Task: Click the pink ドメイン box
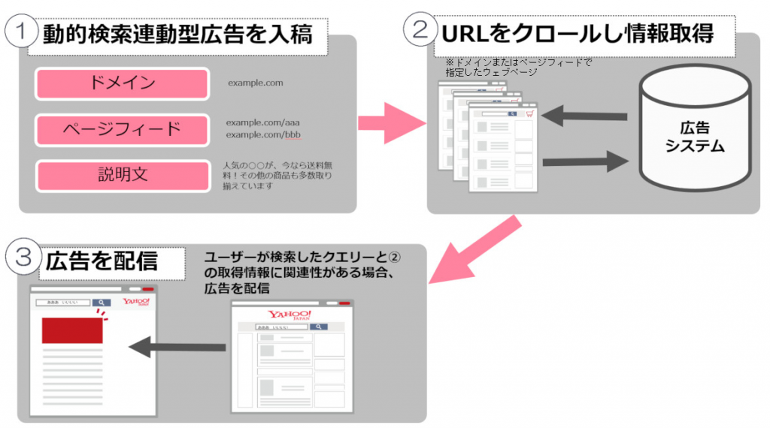tap(122, 83)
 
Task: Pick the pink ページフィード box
tap(122, 129)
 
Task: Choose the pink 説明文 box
tap(123, 176)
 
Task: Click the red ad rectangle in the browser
tap(72, 330)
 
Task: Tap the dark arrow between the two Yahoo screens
tap(177, 347)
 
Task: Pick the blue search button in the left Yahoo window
tap(101, 303)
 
